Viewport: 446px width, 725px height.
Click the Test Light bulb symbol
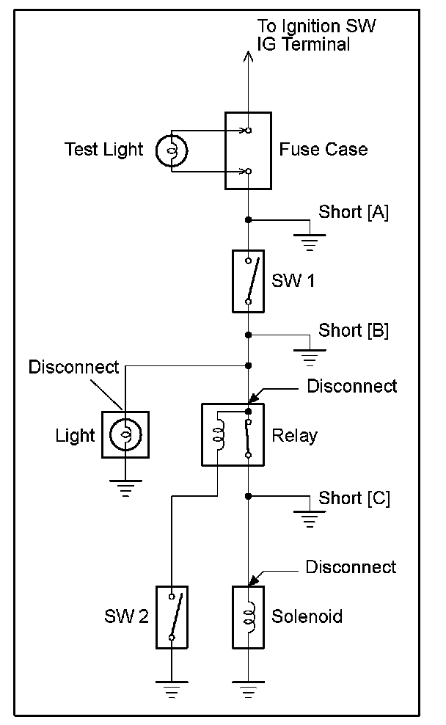[x=172, y=150]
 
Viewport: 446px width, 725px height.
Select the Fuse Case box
[x=248, y=150]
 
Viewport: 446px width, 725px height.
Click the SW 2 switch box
[x=172, y=616]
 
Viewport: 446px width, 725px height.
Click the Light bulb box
[x=125, y=434]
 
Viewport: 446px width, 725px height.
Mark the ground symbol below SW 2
[x=172, y=689]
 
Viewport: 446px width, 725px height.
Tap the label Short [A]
[x=354, y=213]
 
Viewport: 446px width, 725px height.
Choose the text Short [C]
[x=354, y=498]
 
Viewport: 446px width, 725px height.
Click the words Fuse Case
[x=323, y=150]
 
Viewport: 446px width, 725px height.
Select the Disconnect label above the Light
[x=73, y=367]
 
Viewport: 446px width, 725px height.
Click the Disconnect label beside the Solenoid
[x=351, y=567]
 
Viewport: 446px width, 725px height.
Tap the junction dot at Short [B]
[x=248, y=335]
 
